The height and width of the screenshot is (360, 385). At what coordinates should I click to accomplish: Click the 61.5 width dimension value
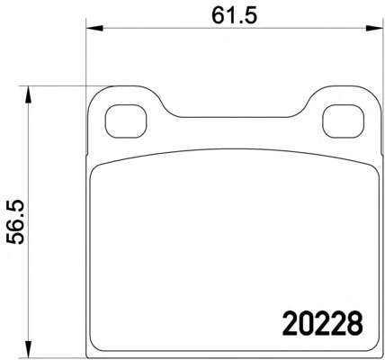click(235, 15)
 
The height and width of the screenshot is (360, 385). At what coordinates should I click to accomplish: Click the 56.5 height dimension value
click(15, 221)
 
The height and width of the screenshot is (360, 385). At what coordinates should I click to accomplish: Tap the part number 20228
click(323, 324)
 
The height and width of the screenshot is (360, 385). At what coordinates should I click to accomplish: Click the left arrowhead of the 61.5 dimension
click(94, 29)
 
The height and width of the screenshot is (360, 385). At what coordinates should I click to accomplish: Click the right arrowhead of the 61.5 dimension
click(375, 29)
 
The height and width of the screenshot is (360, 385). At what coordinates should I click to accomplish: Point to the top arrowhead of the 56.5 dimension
click(28, 94)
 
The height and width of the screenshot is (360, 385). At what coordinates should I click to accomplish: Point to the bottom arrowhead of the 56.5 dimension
click(28, 349)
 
